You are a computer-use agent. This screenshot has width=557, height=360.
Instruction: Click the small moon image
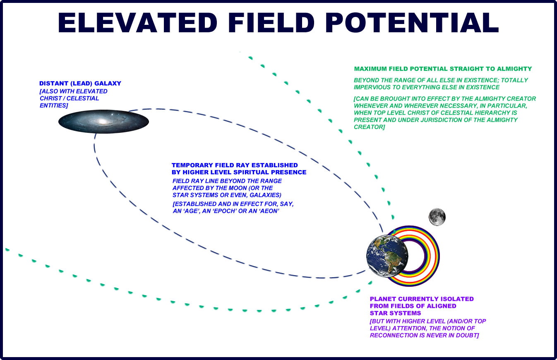(x=437, y=217)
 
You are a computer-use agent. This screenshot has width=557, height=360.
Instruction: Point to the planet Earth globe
(x=387, y=256)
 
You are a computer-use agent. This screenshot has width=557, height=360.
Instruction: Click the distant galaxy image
(x=103, y=121)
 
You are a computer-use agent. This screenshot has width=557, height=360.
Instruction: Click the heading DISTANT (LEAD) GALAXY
(x=80, y=83)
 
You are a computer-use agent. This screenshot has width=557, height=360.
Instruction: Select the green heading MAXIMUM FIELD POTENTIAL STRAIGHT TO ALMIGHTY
(x=443, y=69)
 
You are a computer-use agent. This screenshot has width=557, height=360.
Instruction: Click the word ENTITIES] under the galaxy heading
(x=54, y=106)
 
